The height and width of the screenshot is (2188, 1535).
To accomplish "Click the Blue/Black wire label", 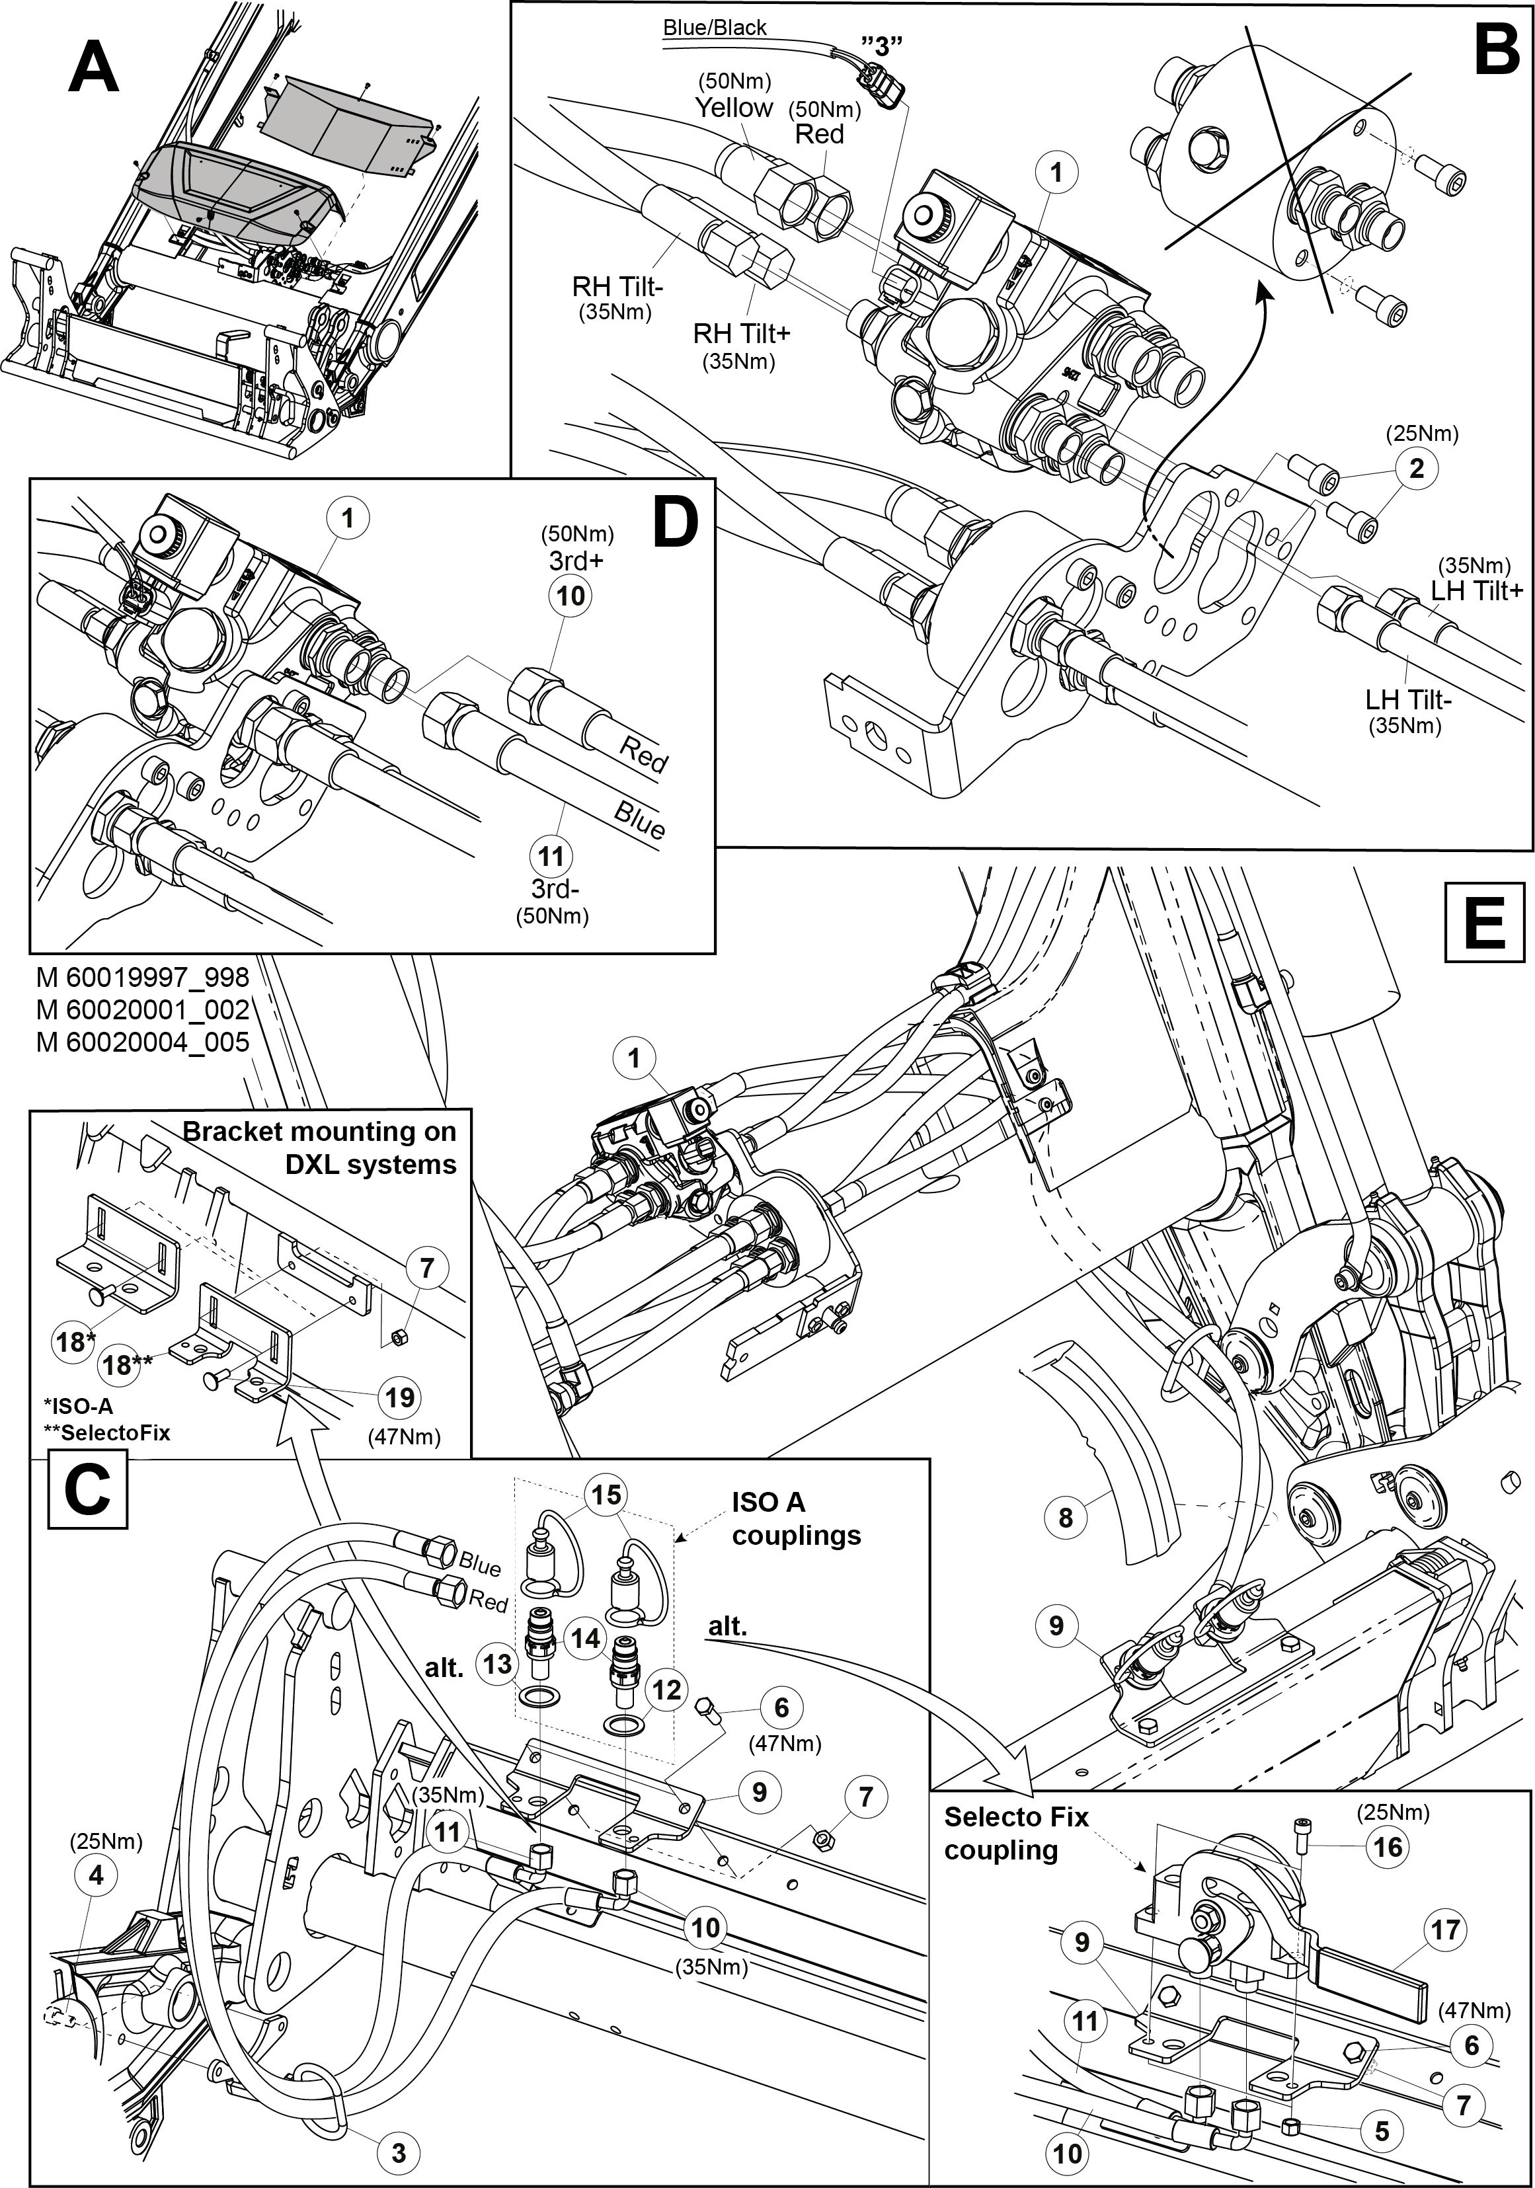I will coord(715,28).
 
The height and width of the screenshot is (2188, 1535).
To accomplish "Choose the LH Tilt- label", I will coord(1407,699).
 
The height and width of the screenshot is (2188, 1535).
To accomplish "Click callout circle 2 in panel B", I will coord(1417,469).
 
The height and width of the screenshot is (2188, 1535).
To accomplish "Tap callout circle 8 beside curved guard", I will coord(1065,1516).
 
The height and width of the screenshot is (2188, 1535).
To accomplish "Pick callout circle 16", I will coord(1388,1847).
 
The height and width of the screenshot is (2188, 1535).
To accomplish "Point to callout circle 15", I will coord(606,1494).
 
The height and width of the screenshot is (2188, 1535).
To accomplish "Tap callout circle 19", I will coord(399,1397).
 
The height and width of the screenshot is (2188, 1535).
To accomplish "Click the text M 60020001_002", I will coord(143,1009).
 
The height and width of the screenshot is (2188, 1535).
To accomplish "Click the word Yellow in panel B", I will coord(732,108).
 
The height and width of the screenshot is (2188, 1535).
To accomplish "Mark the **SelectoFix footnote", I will coord(106,1432).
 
